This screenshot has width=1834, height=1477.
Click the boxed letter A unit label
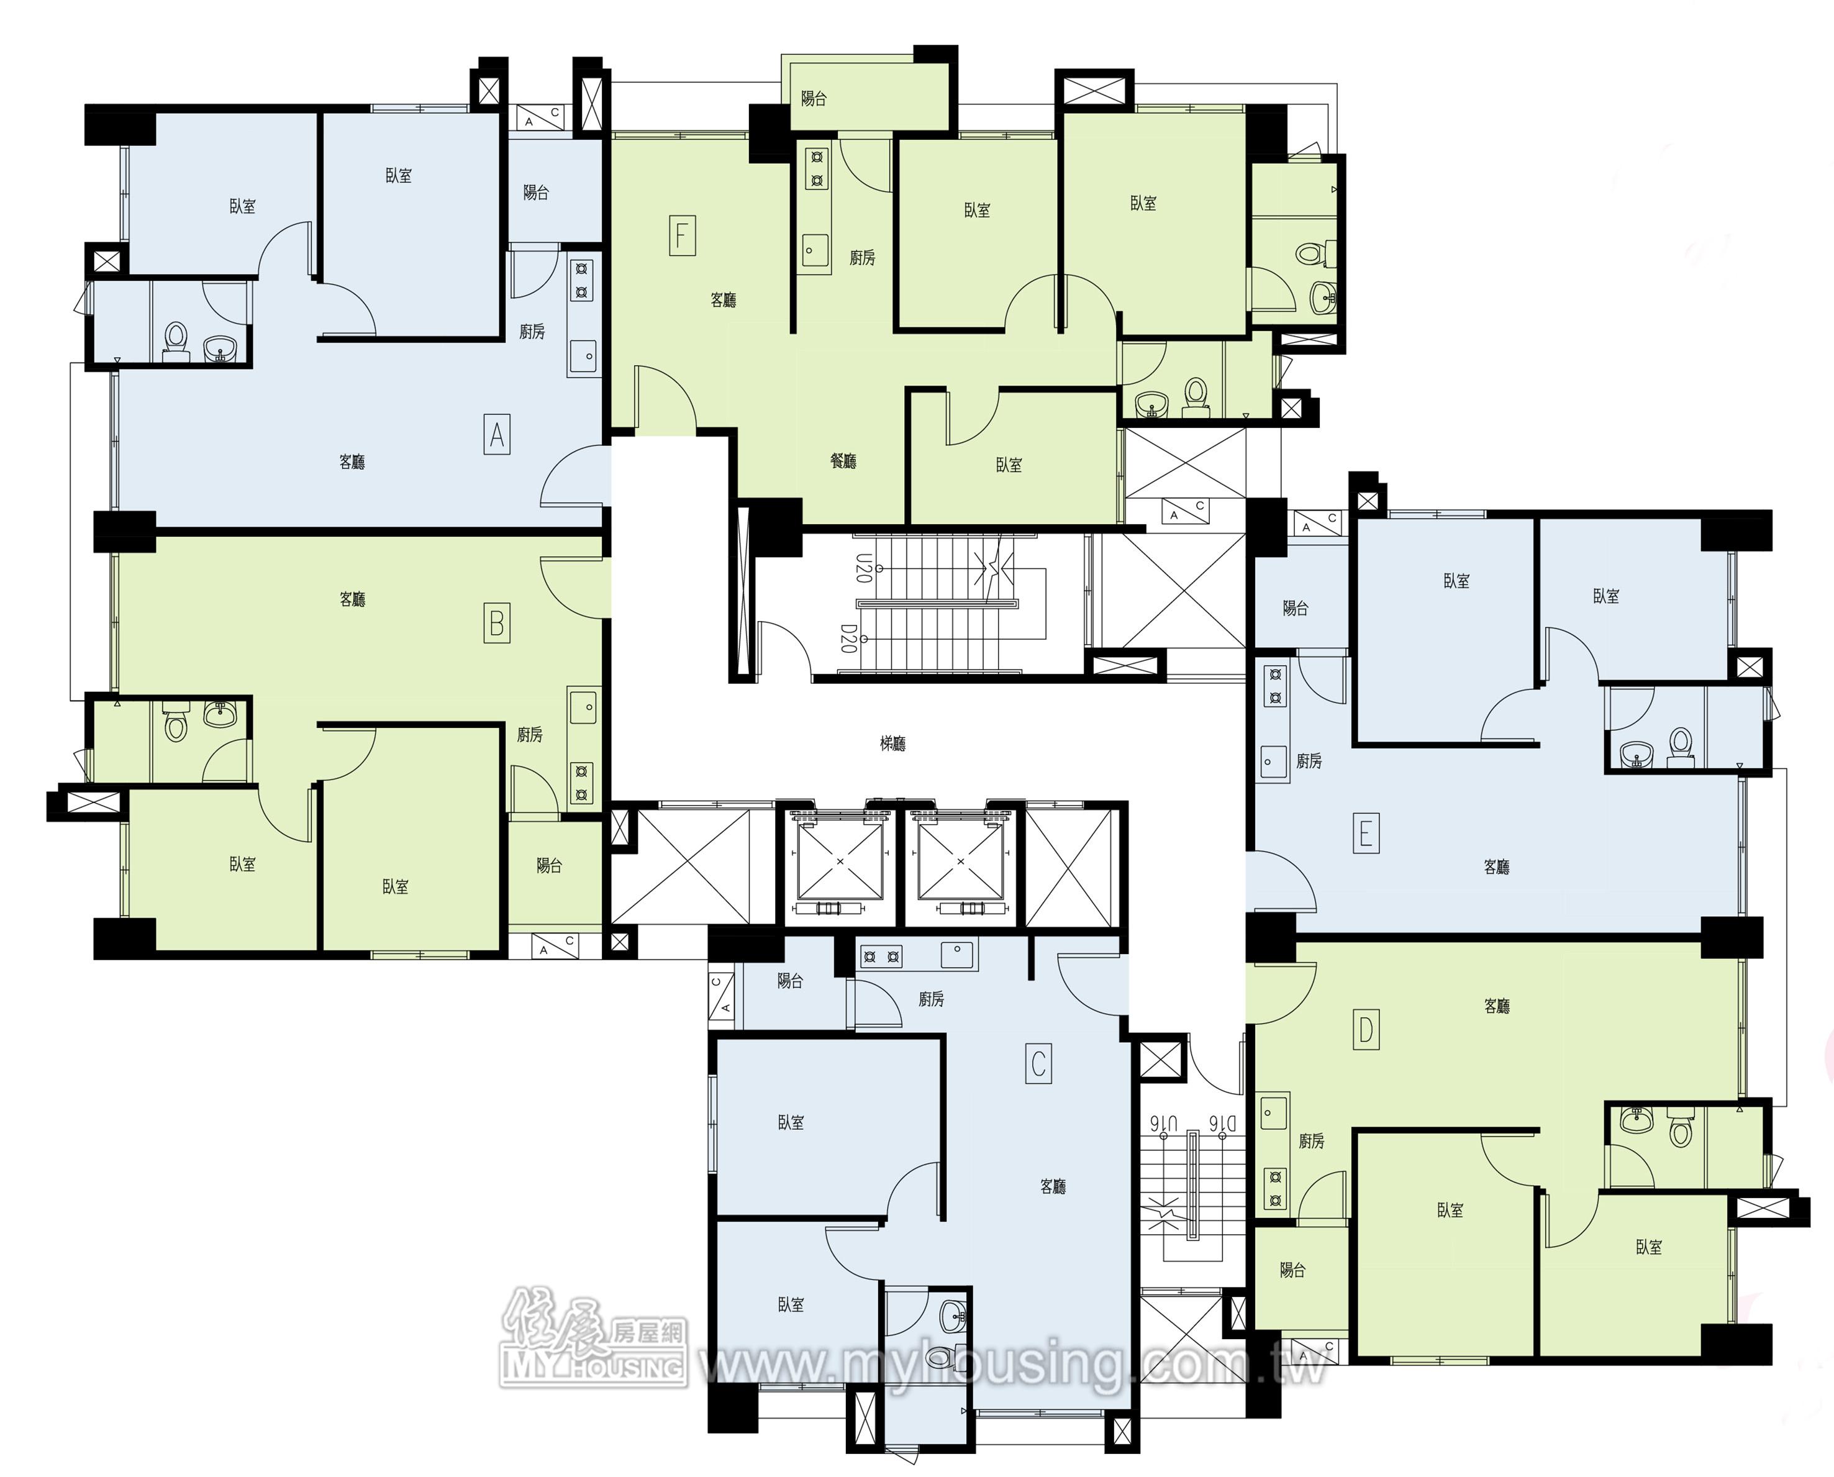tap(497, 435)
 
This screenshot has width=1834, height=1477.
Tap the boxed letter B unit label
tap(497, 624)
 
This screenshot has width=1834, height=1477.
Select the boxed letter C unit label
tap(1038, 1063)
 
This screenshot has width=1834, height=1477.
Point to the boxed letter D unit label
tap(1366, 1030)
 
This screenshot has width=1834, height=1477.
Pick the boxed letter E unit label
tap(1366, 833)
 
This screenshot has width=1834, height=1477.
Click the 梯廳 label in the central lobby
tap(892, 743)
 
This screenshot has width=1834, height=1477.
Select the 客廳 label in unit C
tap(1053, 1186)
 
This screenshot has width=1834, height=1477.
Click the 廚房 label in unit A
tap(532, 332)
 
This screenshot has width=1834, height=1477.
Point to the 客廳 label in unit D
tap(1497, 1006)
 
